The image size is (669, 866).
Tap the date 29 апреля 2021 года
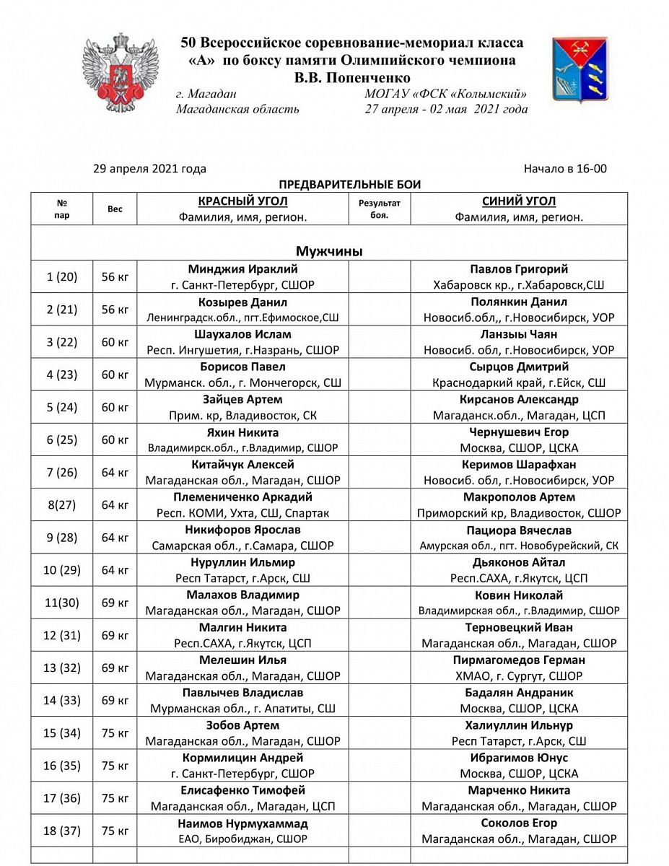(149, 169)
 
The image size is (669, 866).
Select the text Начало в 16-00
(565, 169)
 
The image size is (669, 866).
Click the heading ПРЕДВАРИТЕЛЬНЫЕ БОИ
(349, 185)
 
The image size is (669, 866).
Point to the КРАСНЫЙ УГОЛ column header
(242, 201)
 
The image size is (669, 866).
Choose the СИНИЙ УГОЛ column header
(518, 201)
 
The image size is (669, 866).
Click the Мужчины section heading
(329, 251)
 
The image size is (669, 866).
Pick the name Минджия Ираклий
(242, 270)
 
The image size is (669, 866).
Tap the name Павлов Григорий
(518, 270)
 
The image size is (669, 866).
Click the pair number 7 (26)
(61, 473)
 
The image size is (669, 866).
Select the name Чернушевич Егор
(518, 432)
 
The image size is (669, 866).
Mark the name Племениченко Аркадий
(242, 497)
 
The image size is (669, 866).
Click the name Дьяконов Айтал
(518, 562)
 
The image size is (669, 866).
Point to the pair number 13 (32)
(61, 668)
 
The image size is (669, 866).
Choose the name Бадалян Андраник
(518, 693)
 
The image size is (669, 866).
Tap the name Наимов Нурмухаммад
(242, 823)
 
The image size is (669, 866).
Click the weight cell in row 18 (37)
(115, 831)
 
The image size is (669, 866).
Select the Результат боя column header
(379, 209)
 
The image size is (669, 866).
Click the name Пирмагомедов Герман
(518, 660)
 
